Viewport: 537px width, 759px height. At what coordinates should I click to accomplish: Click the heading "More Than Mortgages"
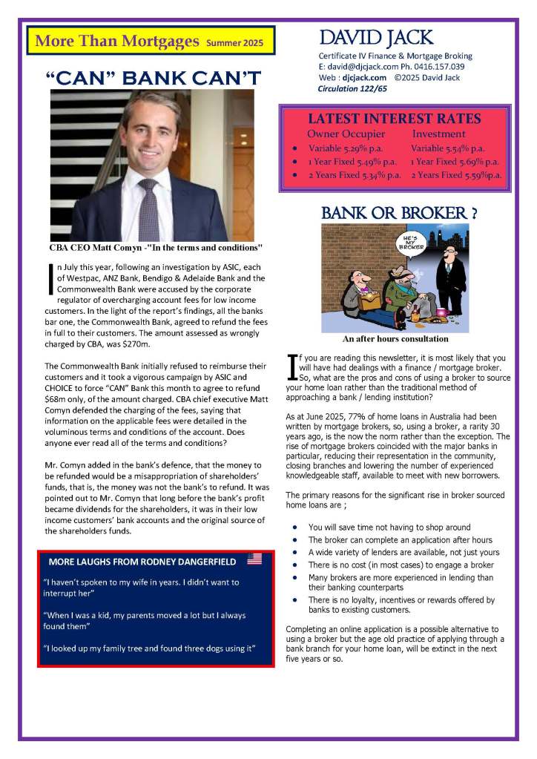[116, 41]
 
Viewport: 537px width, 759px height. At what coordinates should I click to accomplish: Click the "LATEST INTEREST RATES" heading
[394, 119]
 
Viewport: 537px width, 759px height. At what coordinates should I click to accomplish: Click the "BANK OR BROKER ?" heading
[398, 213]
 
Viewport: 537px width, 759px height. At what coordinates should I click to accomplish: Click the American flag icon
[254, 558]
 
